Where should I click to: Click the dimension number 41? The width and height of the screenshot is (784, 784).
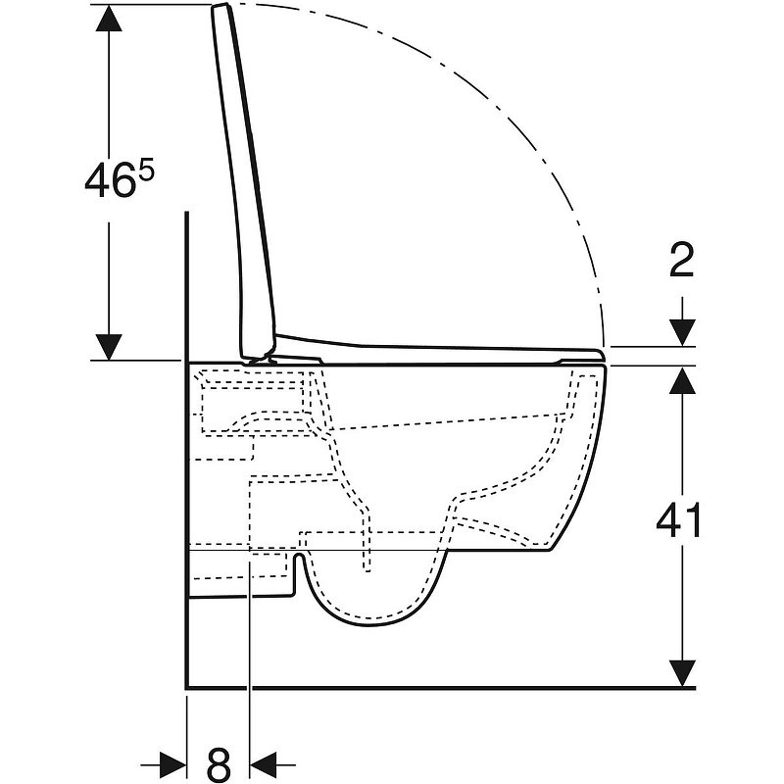pyautogui.click(x=678, y=520)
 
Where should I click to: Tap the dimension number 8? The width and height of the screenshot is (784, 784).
pyautogui.click(x=219, y=764)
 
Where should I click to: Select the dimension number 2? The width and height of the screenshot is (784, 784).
pyautogui.click(x=682, y=260)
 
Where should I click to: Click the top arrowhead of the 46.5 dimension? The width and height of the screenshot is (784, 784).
pyautogui.click(x=109, y=18)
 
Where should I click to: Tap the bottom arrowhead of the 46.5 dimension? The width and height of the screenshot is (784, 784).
pyautogui.click(x=109, y=347)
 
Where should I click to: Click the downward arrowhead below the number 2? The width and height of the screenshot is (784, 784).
pyautogui.click(x=682, y=332)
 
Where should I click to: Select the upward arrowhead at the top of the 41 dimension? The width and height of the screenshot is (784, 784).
pyautogui.click(x=682, y=379)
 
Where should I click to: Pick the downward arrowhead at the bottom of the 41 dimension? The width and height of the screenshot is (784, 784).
pyautogui.click(x=682, y=673)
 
